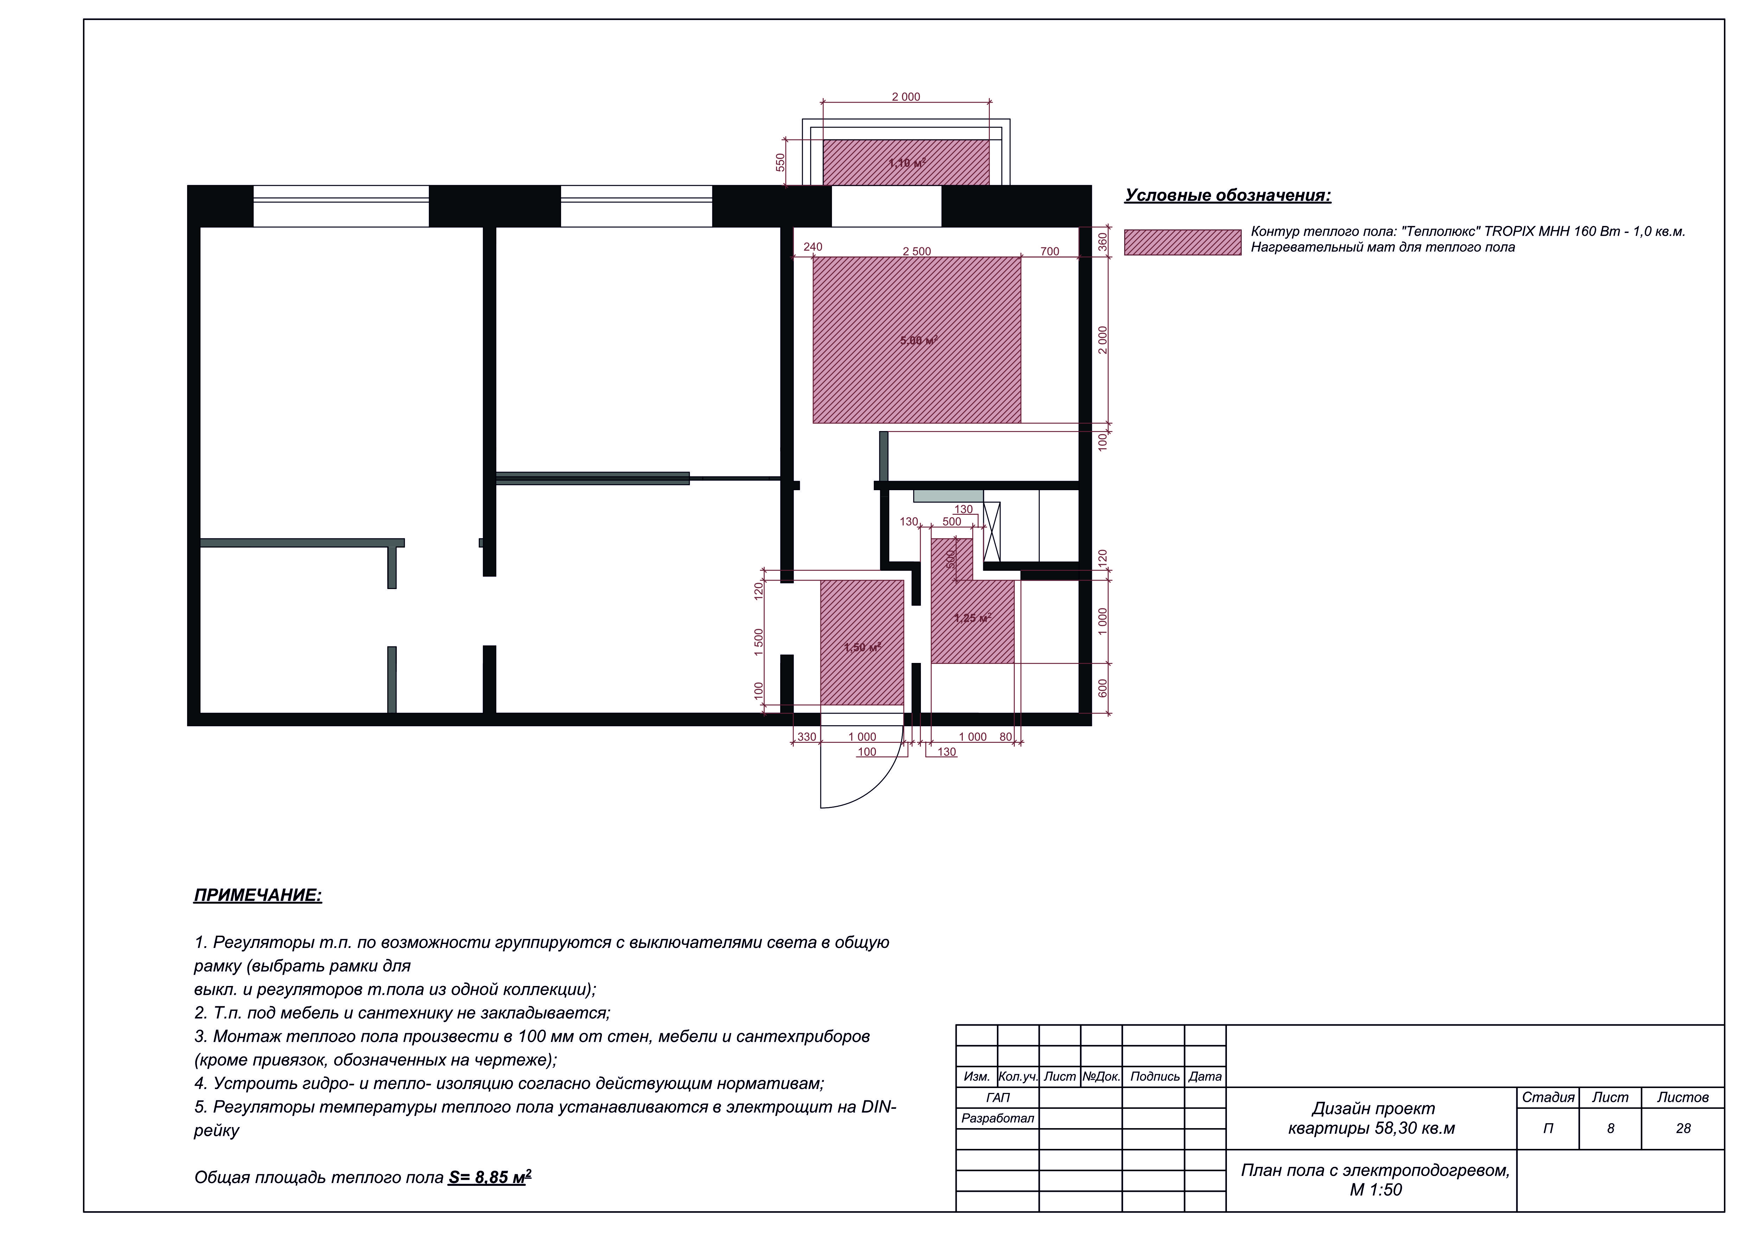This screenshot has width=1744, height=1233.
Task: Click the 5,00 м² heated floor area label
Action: point(918,340)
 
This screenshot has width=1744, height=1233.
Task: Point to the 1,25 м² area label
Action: point(972,618)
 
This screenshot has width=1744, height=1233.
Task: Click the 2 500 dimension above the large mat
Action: point(917,252)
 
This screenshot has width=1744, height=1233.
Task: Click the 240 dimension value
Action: point(813,247)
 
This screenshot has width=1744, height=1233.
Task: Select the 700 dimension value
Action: point(1050,252)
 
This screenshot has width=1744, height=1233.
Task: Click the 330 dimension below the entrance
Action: point(807,737)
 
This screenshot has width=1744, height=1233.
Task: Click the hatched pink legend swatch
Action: point(1183,242)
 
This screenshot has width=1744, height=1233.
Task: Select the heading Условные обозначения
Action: point(1228,195)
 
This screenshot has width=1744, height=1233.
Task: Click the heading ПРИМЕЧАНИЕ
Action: point(258,895)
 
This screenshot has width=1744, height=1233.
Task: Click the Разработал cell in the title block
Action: point(997,1118)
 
